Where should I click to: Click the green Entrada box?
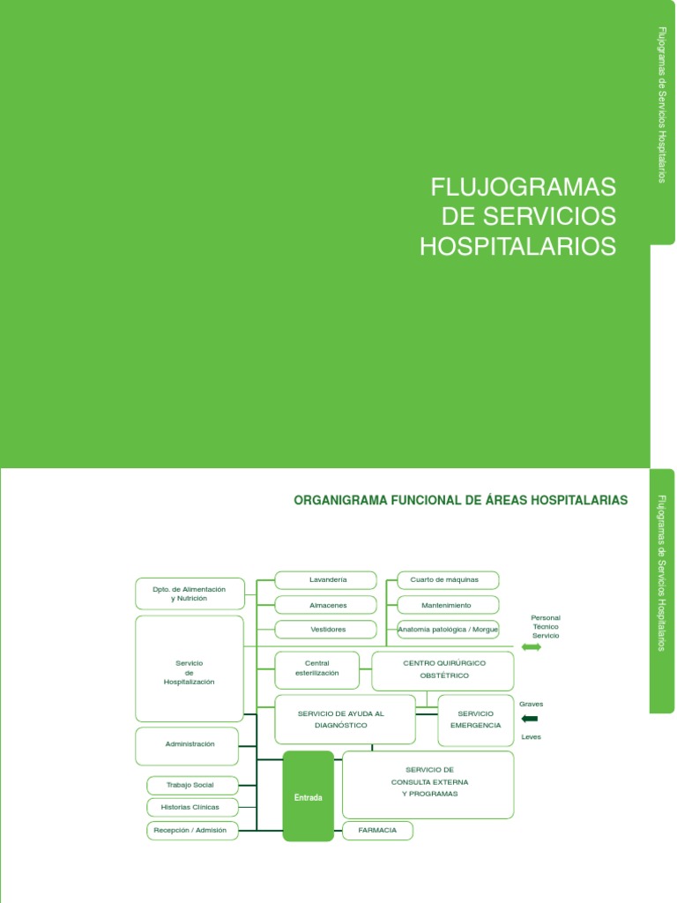click(x=309, y=796)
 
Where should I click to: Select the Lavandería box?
click(x=326, y=580)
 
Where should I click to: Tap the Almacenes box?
click(x=326, y=605)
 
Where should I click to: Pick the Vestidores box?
click(x=326, y=630)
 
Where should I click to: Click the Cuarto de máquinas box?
click(x=448, y=580)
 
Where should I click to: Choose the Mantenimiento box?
click(x=448, y=605)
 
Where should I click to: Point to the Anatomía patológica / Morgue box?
click(x=448, y=630)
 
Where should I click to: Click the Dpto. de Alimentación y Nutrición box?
click(x=190, y=593)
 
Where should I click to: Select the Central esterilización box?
click(x=316, y=670)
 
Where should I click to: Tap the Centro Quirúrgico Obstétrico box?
click(x=443, y=670)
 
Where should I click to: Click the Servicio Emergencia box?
click(x=475, y=719)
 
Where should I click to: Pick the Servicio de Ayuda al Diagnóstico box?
click(x=345, y=719)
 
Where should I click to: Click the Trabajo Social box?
click(x=192, y=785)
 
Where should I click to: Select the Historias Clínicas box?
click(x=192, y=807)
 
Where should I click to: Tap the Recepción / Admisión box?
click(x=192, y=830)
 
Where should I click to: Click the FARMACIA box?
click(x=377, y=830)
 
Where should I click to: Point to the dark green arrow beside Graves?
click(x=530, y=719)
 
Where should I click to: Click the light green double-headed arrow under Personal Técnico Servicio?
click(x=532, y=648)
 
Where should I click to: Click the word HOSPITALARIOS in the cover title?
click(x=517, y=247)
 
